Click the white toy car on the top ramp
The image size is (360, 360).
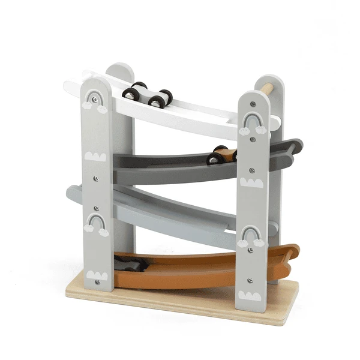tap(148, 94)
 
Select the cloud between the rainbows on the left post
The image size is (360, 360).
tap(95, 157)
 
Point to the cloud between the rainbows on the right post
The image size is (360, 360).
tap(251, 182)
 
